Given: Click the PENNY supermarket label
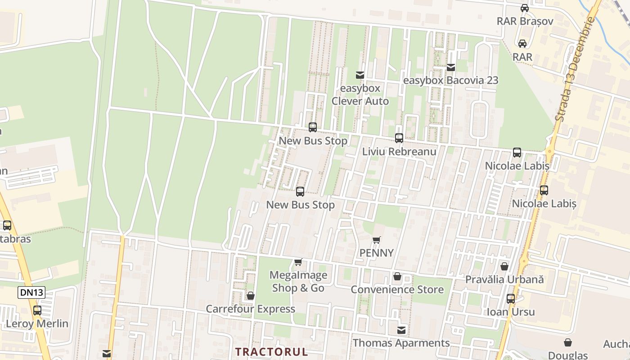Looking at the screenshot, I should [377, 253].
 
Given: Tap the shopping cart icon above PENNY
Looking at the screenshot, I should [377, 240].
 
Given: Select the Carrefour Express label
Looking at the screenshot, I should [250, 309].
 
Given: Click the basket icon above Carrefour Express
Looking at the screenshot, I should [251, 296].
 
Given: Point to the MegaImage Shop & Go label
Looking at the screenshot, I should [298, 281].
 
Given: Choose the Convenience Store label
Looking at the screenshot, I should [397, 289].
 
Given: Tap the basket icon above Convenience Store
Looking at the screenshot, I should [397, 276].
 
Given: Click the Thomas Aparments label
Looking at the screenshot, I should [401, 343].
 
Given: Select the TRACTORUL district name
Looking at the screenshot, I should [272, 351].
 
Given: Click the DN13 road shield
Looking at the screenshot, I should [31, 292].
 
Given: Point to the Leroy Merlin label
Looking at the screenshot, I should [37, 324].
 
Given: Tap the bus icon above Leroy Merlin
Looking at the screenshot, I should [37, 310].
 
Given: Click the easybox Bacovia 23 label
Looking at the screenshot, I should [451, 81].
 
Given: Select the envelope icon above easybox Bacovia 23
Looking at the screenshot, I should [451, 67].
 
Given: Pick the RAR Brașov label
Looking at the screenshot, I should [525, 21].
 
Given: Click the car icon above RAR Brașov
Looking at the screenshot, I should [525, 8].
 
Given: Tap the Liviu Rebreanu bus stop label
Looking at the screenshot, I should [399, 152].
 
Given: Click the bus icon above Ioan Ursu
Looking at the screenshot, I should [511, 299].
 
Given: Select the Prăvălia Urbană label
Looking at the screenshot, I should [504, 279].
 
